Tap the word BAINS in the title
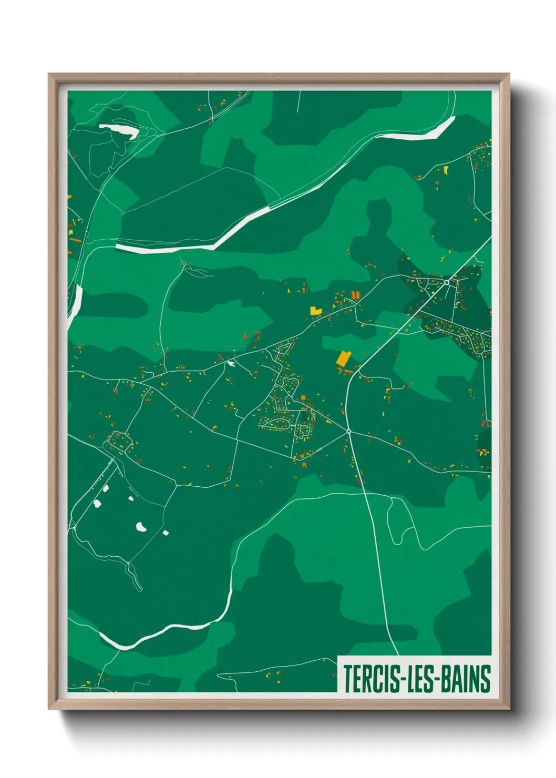click(x=466, y=679)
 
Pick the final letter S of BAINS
click(x=485, y=679)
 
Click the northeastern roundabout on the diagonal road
click(x=446, y=282)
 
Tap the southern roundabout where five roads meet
click(x=348, y=431)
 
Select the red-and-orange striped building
click(x=355, y=295)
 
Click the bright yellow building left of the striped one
click(x=315, y=310)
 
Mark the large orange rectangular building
click(x=343, y=359)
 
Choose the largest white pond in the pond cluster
click(x=141, y=526)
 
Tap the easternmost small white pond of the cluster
click(x=166, y=533)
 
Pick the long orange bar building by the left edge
click(x=75, y=239)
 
